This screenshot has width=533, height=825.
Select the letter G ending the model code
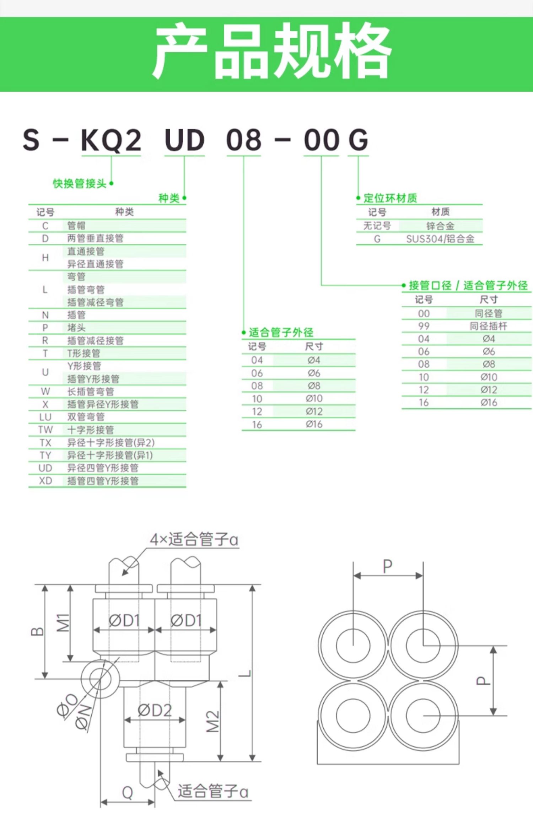coord(358,140)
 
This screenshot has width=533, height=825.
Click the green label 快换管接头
coord(80,183)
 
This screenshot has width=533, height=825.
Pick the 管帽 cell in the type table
coord(76,226)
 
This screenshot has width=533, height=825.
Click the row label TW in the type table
coord(45,430)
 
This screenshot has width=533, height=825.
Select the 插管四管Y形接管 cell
coord(103,481)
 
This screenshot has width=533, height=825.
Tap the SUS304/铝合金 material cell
coord(440,239)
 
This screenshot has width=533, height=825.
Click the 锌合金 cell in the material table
coord(440,226)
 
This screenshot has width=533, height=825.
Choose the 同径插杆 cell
coord(489,326)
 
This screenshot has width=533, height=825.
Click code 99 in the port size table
coord(424,326)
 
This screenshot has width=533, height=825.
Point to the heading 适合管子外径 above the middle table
coord(281,333)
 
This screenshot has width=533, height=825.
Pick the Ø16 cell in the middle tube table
coord(314,424)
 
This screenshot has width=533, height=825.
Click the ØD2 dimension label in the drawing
coord(155,711)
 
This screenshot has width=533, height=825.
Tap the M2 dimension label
coord(213,722)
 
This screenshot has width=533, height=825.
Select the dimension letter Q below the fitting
coord(128,793)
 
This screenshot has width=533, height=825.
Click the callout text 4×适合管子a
coord(194,539)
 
